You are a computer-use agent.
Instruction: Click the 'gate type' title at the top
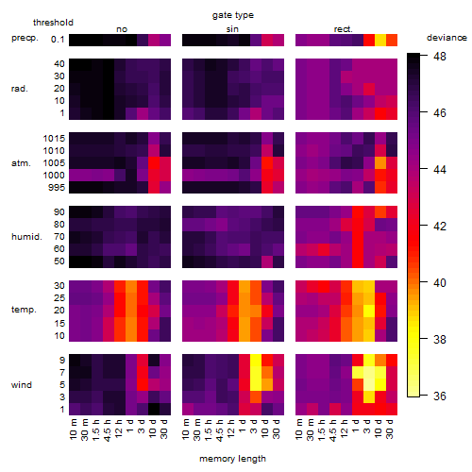(233, 15)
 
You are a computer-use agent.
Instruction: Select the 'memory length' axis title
(232, 459)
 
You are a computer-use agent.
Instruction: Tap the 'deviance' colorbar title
(447, 38)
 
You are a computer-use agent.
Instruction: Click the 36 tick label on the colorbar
(440, 396)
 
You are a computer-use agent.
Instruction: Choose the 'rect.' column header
(343, 29)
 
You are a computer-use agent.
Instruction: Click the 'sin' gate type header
(232, 29)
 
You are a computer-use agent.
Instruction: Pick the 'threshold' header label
(53, 23)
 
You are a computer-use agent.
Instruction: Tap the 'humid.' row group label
(26, 237)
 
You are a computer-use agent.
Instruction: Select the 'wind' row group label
(22, 385)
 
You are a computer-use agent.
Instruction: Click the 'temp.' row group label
(24, 310)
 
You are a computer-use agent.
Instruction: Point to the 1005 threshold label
(54, 163)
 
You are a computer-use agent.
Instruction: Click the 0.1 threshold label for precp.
(58, 40)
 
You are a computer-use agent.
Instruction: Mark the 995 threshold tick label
(57, 188)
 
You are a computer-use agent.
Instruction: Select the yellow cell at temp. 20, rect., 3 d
(369, 311)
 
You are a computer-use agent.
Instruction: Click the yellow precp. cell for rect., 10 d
(380, 40)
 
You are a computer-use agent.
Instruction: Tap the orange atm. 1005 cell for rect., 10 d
(380, 163)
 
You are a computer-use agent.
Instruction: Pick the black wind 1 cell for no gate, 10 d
(154, 410)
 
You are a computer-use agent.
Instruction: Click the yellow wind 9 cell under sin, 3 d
(256, 360)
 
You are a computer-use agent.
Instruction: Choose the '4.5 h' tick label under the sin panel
(220, 430)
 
